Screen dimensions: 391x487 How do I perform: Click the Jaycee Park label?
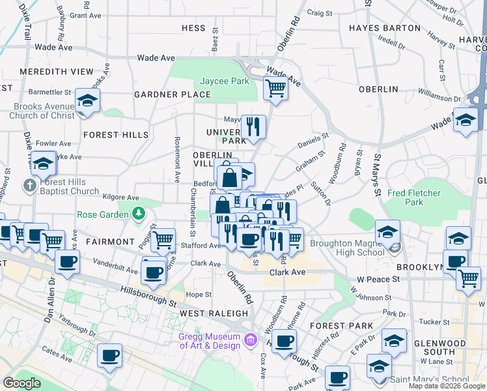point(224,81)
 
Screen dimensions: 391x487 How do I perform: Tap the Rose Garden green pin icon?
point(138,214)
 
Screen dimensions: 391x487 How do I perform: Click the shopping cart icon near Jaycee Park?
point(275,88)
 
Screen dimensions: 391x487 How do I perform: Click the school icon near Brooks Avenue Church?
point(87,101)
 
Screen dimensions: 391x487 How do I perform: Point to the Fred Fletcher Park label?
point(413,198)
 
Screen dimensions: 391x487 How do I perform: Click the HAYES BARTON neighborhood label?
point(384,28)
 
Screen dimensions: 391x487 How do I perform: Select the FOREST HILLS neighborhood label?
point(116,135)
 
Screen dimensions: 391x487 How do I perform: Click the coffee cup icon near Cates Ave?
point(109,356)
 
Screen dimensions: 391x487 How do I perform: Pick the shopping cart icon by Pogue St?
point(163,240)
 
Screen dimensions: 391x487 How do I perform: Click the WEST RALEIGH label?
point(205,313)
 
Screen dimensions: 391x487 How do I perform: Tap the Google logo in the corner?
point(21,383)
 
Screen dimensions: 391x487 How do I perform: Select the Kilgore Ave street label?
point(120,197)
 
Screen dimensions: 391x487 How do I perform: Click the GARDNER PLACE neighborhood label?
point(173,94)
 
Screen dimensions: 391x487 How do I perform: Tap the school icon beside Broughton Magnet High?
point(387,231)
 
